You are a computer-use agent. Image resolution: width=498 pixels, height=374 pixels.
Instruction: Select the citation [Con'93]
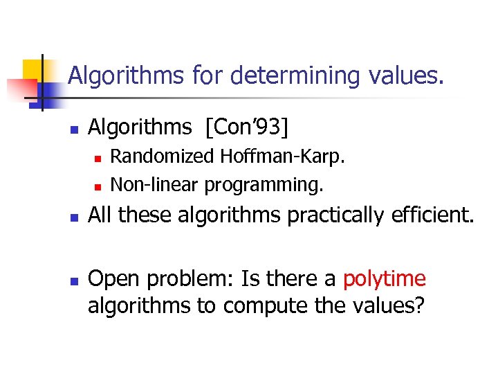point(242,127)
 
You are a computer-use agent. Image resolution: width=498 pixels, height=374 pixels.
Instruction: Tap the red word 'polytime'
point(385,279)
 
